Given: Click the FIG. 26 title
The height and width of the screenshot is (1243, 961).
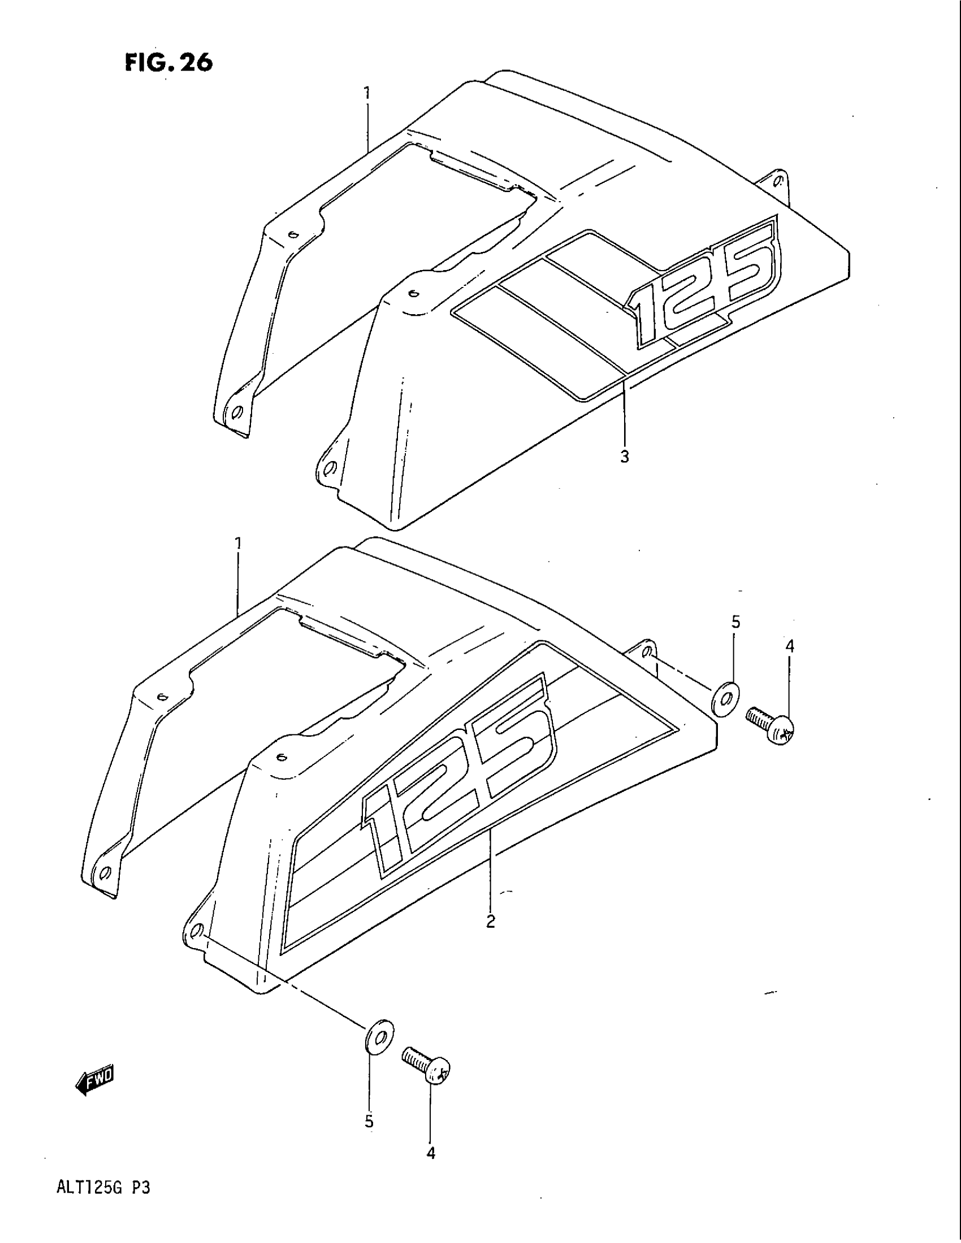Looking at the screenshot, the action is click(x=169, y=63).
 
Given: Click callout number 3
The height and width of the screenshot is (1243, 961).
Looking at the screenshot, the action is click(x=625, y=457).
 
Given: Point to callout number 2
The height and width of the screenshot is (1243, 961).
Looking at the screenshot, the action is click(x=491, y=920).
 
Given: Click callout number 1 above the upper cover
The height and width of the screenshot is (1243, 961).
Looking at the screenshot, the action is click(x=368, y=92).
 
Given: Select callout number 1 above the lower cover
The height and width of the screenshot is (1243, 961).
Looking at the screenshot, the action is click(x=239, y=544).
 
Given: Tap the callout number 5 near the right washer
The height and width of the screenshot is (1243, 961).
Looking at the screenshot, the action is click(x=735, y=623).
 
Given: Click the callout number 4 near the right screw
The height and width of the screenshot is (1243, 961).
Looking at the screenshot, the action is click(x=790, y=646).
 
